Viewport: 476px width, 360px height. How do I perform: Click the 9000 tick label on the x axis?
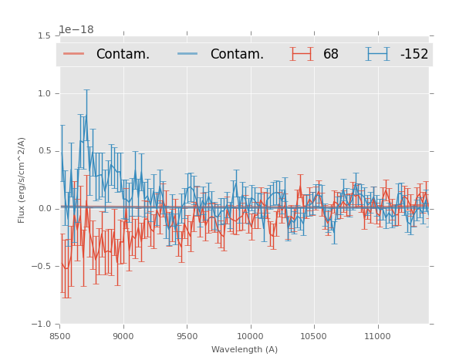[x=123, y=336]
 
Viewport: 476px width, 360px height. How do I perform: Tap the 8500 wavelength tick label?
[x=60, y=336]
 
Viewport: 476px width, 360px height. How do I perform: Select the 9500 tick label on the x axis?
[x=187, y=336]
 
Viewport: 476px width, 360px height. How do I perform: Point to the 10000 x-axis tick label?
[x=250, y=336]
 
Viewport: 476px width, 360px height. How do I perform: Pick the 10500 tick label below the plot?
[x=314, y=336]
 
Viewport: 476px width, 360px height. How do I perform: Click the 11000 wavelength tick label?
[x=377, y=336]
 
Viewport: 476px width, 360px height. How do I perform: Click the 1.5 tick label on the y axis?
[x=44, y=35]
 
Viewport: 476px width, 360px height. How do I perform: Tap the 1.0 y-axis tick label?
[x=44, y=93]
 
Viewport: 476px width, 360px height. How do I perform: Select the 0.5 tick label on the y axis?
[x=44, y=151]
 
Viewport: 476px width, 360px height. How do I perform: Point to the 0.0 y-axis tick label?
[x=44, y=209]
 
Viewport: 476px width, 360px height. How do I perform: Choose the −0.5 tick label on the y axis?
[x=42, y=267]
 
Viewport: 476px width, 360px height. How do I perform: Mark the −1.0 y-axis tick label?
[x=42, y=325]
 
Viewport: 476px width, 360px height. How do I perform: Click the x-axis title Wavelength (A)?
[x=245, y=349]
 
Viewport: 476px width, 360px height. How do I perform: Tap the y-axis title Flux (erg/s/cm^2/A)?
[x=22, y=180]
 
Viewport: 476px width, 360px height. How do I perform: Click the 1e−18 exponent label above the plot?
[x=76, y=29]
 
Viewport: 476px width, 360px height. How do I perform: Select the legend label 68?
[x=331, y=54]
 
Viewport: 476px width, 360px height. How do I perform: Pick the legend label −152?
[x=414, y=54]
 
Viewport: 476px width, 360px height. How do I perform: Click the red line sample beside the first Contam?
[x=74, y=54]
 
